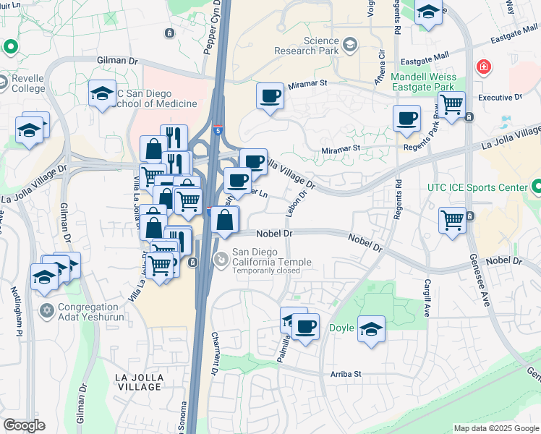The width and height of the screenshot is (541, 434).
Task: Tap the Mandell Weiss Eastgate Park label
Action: tap(427, 82)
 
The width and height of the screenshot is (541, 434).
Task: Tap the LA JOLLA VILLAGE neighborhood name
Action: tap(139, 382)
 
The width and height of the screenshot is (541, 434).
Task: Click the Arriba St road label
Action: tap(346, 374)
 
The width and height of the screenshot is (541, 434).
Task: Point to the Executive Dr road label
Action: tap(500, 97)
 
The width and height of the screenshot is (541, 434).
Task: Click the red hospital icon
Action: tap(482, 68)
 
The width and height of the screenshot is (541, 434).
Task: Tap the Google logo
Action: tap(24, 425)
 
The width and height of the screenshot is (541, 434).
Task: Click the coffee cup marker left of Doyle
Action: tap(306, 326)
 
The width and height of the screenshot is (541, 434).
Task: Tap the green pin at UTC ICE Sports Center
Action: tap(535, 188)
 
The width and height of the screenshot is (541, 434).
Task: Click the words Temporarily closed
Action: tap(266, 271)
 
